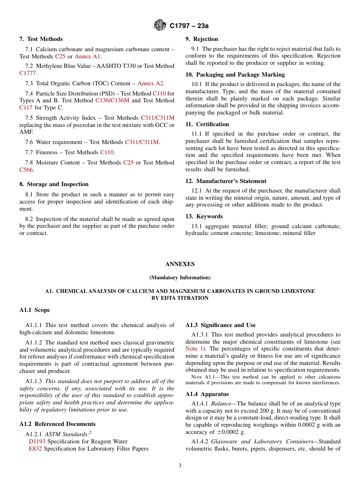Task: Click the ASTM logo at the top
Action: pyautogui.click(x=160, y=26)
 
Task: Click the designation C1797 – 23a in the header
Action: pyautogui.click(x=189, y=26)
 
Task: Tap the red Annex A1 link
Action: pyautogui.click(x=88, y=56)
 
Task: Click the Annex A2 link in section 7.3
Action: pyautogui.click(x=150, y=83)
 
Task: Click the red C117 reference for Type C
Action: pyautogui.click(x=26, y=108)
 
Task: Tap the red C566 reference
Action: pyautogui.click(x=26, y=170)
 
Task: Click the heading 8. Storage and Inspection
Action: pyautogui.click(x=54, y=184)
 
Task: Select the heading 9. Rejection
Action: pyautogui.click(x=202, y=39)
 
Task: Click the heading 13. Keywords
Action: pyautogui.click(x=204, y=216)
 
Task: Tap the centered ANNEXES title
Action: pyautogui.click(x=180, y=264)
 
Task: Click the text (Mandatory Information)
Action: pyautogui.click(x=180, y=277)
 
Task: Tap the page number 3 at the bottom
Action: pyautogui.click(x=180, y=466)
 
